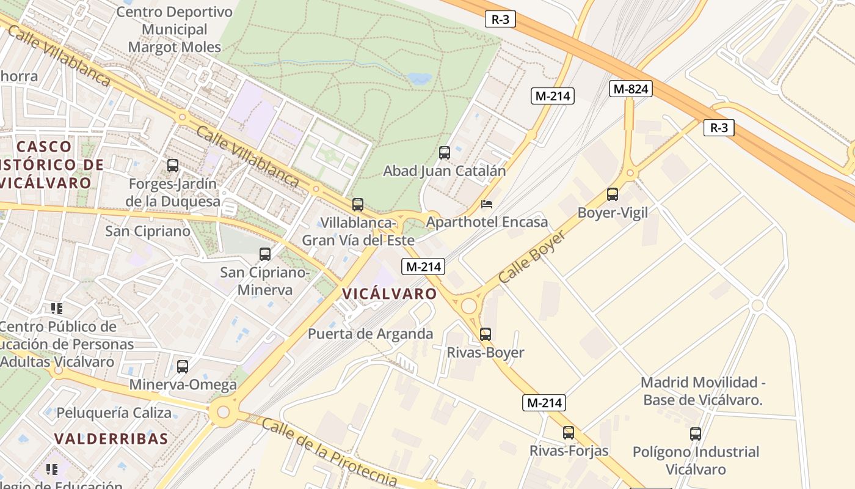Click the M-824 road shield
pos(631,89)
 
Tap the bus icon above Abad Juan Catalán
pos(445,153)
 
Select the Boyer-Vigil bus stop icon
pos(613,194)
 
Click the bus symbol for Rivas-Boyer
pos(486,334)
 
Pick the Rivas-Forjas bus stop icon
pos(569,433)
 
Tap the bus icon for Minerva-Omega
pos(183,367)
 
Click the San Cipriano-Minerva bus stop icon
pos(265,254)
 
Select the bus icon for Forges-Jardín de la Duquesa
pos(173,165)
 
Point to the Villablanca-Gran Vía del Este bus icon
pos(358,205)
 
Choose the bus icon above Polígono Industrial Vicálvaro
pos(696,434)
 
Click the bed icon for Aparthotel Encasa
pos(487,204)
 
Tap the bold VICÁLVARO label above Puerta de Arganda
pos(390,294)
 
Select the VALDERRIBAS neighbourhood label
pos(111,439)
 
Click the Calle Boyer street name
pos(531,257)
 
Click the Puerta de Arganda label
pos(371,334)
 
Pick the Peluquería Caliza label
pos(114,413)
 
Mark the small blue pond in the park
pos(420,78)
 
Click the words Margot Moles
pos(175,47)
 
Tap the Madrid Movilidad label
pos(702,383)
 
